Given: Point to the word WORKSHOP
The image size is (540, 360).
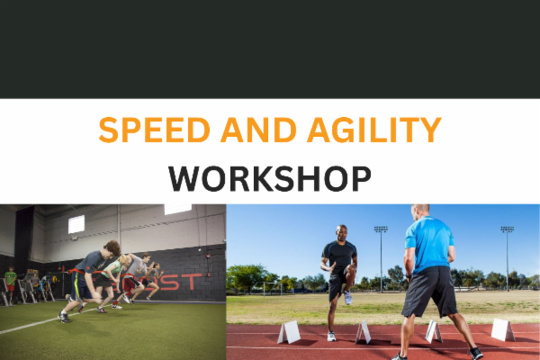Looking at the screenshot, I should tap(269, 177).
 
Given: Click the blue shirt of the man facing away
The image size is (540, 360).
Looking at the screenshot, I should tap(429, 242).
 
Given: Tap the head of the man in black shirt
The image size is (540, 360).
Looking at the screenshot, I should tap(341, 233).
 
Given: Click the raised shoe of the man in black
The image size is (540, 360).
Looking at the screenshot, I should tap(348, 296).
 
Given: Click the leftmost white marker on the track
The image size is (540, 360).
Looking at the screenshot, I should tap(289, 333).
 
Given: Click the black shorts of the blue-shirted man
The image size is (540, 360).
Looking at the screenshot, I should tap(429, 291).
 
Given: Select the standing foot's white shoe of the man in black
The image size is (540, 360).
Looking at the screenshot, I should tap(331, 337).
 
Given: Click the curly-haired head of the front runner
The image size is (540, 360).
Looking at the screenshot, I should tap(110, 247).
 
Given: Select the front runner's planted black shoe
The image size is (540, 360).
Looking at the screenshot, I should tap(64, 317).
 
